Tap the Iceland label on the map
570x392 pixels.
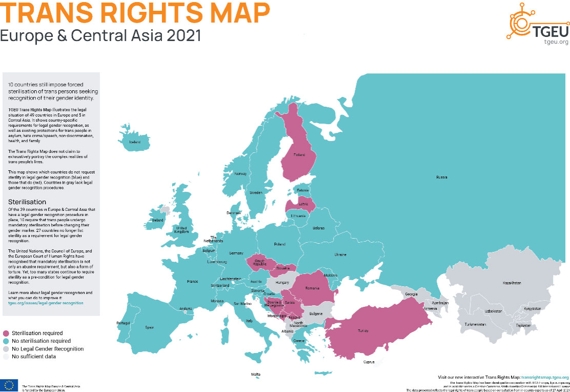135,142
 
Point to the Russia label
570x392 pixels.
442,177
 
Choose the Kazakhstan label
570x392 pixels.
512,283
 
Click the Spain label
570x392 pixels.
149,327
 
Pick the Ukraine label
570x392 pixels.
340,254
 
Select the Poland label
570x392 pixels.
279,244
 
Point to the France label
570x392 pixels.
192,281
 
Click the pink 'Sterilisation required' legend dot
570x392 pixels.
6,334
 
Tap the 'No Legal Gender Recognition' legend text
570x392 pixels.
48,349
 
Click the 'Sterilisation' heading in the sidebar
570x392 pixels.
27,202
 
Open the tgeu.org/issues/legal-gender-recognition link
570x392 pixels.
46,303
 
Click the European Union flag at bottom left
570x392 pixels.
9,385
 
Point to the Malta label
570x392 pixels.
255,374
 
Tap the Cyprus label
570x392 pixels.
369,362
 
